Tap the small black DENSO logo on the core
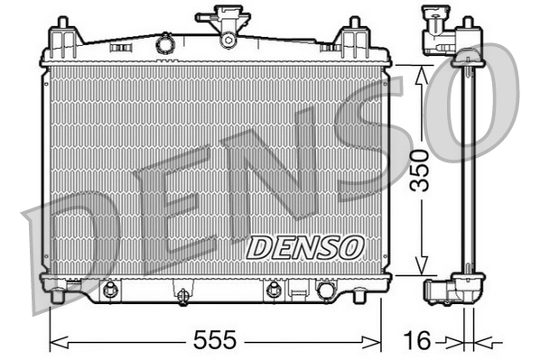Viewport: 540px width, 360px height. coord(305,246)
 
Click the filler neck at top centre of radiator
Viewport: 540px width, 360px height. coord(227,23)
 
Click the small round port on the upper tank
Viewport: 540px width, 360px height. coord(164,42)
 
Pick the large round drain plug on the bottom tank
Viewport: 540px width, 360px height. coord(325,290)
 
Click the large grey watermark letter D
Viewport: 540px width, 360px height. coord(77,248)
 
